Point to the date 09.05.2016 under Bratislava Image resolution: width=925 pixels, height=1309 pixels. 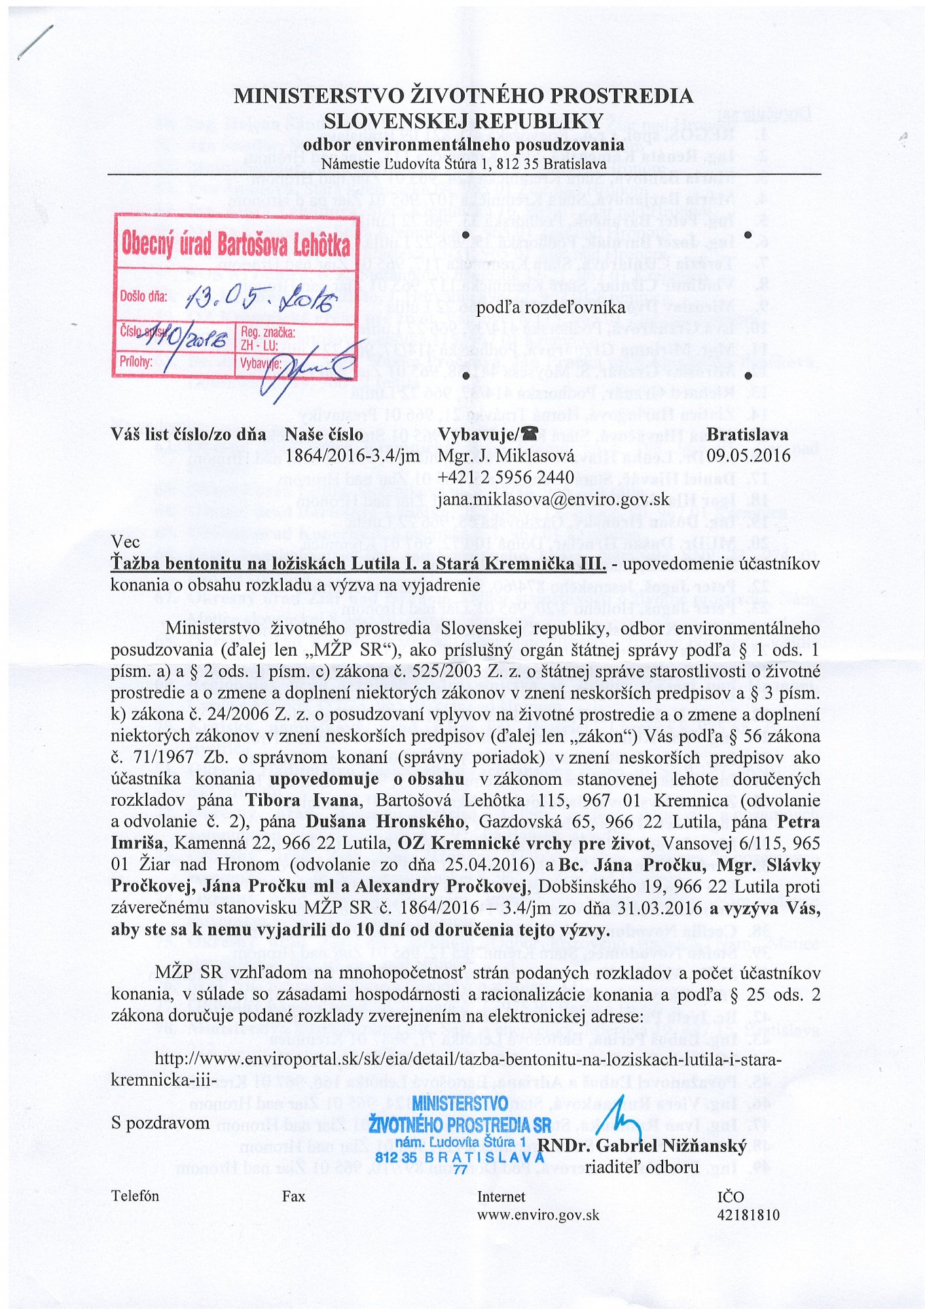pyautogui.click(x=748, y=456)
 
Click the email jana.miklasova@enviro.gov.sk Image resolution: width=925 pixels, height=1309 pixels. pyautogui.click(x=554, y=499)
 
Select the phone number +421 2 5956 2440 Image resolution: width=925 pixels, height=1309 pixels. pyautogui.click(x=506, y=477)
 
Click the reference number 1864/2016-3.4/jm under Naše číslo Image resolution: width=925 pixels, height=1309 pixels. pyautogui.click(x=352, y=456)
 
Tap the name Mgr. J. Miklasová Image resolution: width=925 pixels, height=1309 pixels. pyautogui.click(x=506, y=456)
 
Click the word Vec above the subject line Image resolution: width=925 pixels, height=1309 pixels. pyautogui.click(x=125, y=542)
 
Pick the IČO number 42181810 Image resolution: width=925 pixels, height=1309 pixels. pyautogui.click(x=749, y=1215)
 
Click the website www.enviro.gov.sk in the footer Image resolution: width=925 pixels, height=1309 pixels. pyautogui.click(x=538, y=1215)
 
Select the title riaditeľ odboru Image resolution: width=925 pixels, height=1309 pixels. pyautogui.click(x=642, y=1167)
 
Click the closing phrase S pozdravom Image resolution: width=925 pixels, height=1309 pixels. pyautogui.click(x=160, y=1123)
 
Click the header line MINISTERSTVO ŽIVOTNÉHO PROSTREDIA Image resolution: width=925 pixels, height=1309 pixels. pyautogui.click(x=463, y=96)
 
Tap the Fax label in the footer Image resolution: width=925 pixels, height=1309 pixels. pyautogui.click(x=294, y=1196)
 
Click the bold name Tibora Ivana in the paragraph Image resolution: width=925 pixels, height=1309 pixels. pyautogui.click(x=302, y=800)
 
